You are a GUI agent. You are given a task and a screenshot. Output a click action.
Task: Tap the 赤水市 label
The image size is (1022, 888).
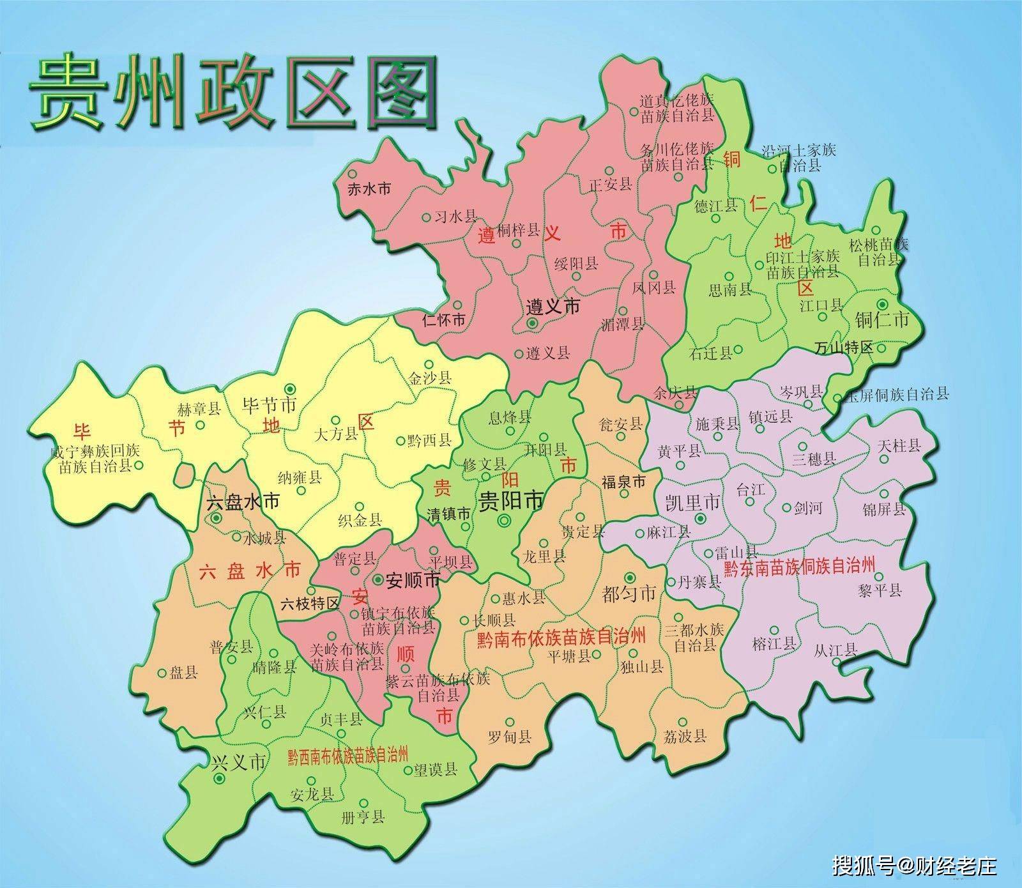tap(363, 188)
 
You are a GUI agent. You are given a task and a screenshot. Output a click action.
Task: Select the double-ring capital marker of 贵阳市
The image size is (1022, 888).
tap(504, 521)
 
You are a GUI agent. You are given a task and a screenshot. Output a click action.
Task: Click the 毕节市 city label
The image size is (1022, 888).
tap(270, 405)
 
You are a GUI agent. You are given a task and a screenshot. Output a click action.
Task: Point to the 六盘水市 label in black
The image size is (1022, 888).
tap(243, 501)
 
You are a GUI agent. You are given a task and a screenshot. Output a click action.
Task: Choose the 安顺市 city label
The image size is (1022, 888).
tap(414, 580)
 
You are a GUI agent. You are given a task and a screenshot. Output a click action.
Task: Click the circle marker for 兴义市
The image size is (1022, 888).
tap(220, 779)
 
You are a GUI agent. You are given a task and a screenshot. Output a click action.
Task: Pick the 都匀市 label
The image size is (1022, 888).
tap(629, 593)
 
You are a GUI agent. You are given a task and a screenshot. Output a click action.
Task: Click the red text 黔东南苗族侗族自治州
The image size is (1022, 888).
tap(798, 566)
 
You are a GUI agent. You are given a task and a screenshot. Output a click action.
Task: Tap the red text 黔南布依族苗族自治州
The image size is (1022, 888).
tap(561, 638)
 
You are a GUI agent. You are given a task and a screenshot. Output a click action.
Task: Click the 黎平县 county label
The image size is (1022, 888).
tap(881, 590)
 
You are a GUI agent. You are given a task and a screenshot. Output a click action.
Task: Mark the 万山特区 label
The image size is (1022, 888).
tap(843, 348)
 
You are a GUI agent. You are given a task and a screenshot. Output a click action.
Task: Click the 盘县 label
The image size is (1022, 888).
tap(185, 673)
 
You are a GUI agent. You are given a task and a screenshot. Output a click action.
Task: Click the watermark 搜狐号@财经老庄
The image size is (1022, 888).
tap(914, 866)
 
